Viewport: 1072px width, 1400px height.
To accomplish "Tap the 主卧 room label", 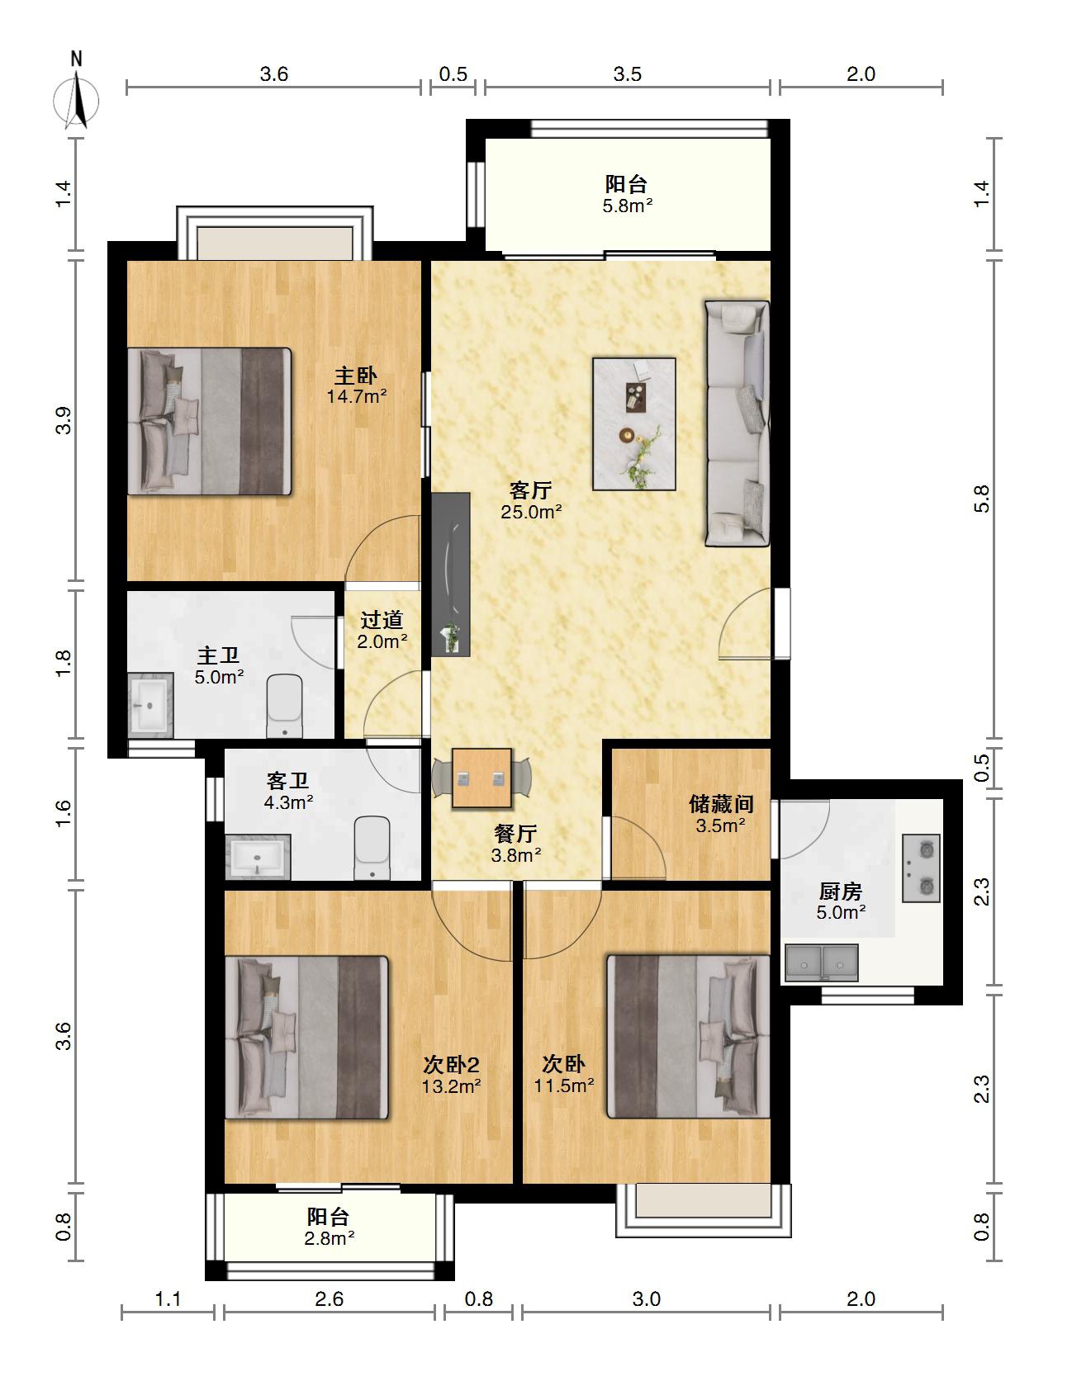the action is (x=355, y=376).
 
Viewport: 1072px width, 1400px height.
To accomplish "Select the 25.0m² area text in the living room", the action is (x=531, y=512).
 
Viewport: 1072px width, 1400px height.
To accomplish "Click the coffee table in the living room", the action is (x=634, y=423).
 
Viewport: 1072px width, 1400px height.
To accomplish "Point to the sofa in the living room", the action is (x=737, y=423).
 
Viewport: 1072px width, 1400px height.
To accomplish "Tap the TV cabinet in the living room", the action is (x=451, y=575).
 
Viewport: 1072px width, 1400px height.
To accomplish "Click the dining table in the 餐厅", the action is (x=481, y=778).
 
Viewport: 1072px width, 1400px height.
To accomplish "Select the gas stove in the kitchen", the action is (x=921, y=868).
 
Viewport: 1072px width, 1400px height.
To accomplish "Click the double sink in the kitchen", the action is (x=822, y=962).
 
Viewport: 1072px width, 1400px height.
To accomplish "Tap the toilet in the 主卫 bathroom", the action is (x=286, y=707).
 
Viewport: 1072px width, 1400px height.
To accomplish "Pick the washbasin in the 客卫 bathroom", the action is (x=258, y=857).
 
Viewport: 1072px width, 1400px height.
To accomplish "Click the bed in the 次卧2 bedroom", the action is (x=306, y=1038).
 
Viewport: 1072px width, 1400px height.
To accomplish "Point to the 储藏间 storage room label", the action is (x=721, y=804).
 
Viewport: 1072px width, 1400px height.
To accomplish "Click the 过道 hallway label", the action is (x=382, y=620).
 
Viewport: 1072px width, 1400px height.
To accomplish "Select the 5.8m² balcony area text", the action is (x=628, y=206).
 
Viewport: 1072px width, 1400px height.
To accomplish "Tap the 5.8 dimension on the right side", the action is (x=981, y=499).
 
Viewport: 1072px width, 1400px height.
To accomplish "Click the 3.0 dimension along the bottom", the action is (x=647, y=1299).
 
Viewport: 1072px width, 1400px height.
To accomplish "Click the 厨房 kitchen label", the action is (x=841, y=892).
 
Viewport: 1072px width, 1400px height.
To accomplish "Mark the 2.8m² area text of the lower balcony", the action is (x=329, y=1238).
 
